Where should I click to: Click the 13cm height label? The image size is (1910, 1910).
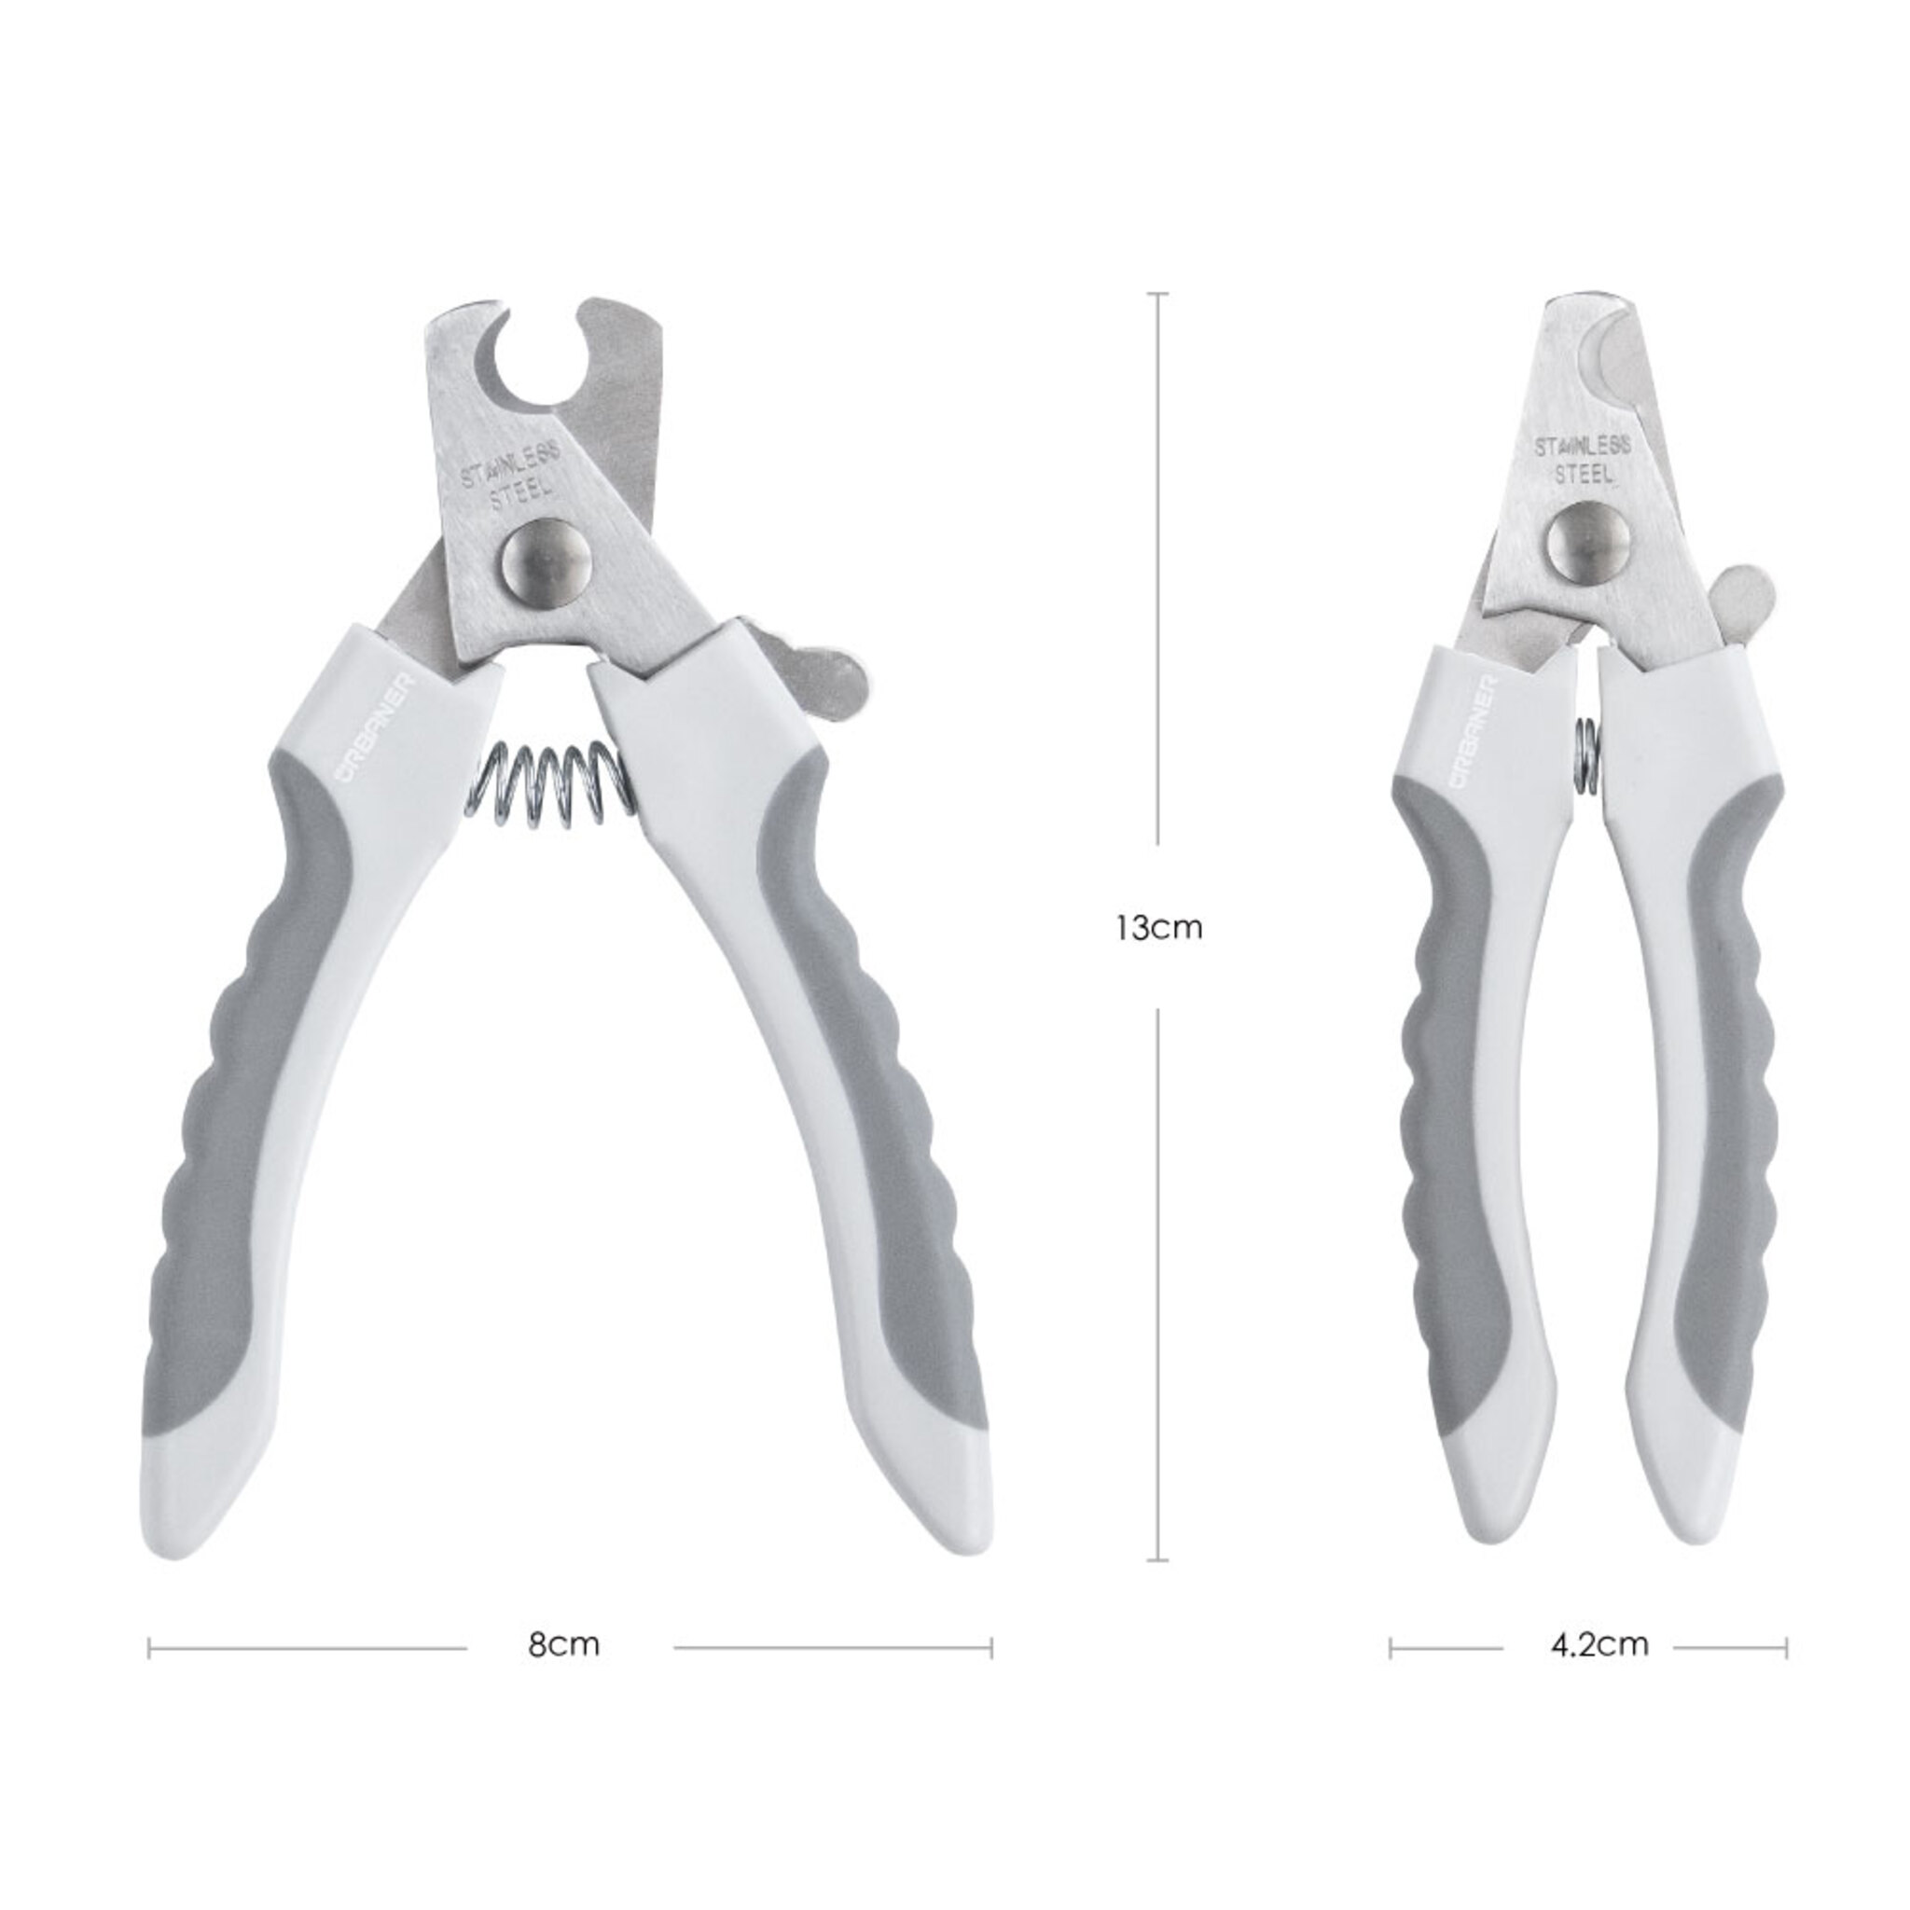click(1158, 928)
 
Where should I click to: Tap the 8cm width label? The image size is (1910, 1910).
click(563, 1645)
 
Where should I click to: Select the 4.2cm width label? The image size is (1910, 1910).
click(1599, 1645)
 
